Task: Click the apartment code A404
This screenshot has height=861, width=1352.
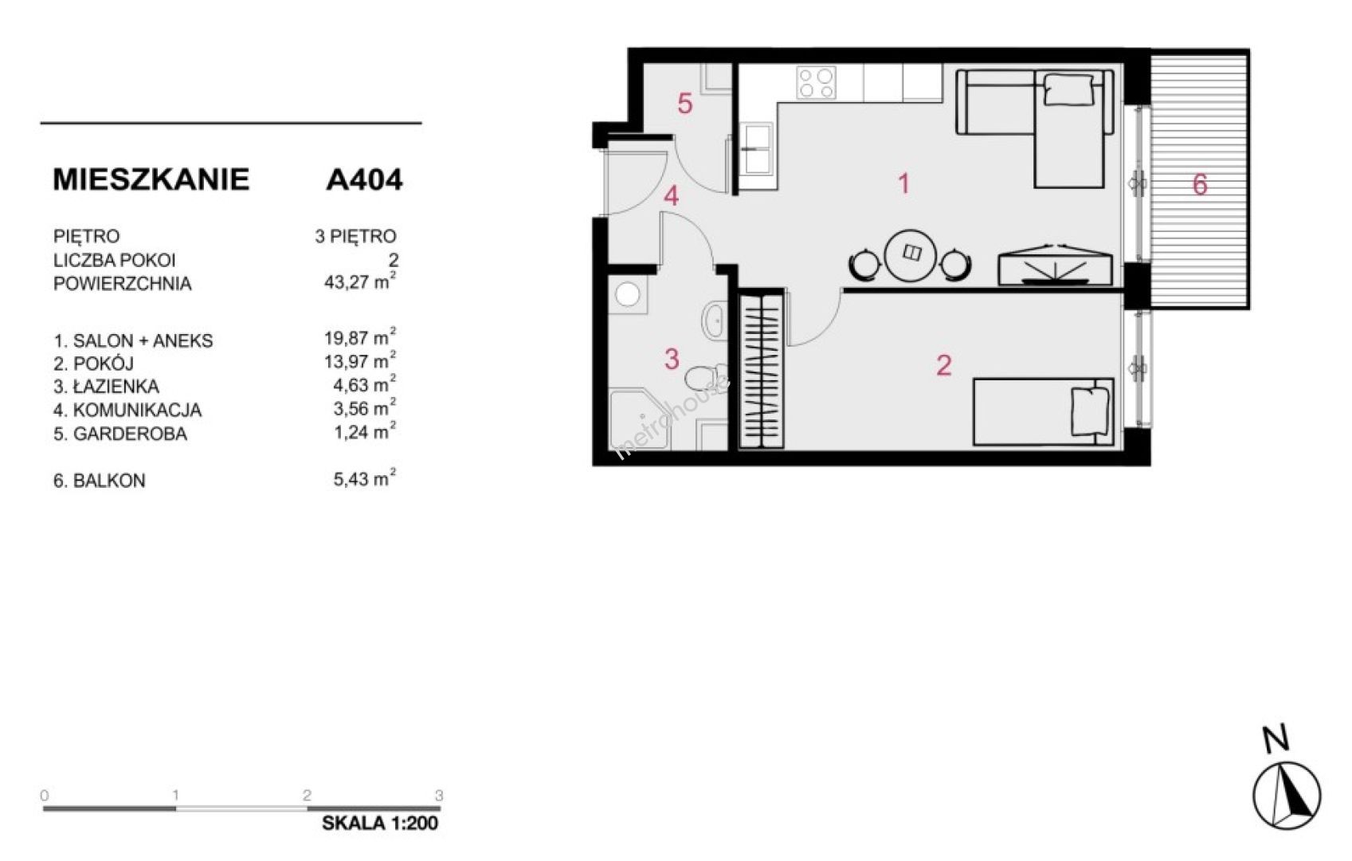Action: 364,179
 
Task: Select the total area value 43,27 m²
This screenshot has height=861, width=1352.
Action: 360,281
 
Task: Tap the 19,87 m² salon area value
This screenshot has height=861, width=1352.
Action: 360,337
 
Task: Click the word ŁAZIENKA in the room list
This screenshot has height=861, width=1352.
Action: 116,387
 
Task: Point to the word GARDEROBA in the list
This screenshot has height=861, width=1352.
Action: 131,434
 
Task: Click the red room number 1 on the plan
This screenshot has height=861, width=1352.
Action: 903,183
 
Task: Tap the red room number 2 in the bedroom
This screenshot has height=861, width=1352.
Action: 943,365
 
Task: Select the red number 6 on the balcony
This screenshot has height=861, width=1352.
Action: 1200,185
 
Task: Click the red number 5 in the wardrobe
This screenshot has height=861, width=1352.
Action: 684,104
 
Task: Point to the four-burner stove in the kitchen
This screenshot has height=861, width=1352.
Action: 817,83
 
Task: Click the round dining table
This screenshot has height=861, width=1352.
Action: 910,255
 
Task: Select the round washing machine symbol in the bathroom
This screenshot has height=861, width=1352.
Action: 627,295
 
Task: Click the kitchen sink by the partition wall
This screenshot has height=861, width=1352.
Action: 757,148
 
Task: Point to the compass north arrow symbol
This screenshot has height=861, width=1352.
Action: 1286,795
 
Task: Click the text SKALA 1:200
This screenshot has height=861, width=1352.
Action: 380,823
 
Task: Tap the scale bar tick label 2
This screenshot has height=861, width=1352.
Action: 308,795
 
